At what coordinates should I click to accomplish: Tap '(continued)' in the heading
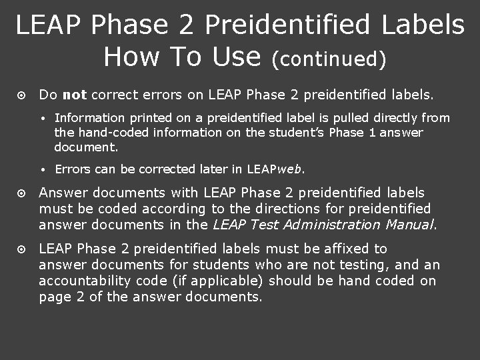[329, 59]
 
